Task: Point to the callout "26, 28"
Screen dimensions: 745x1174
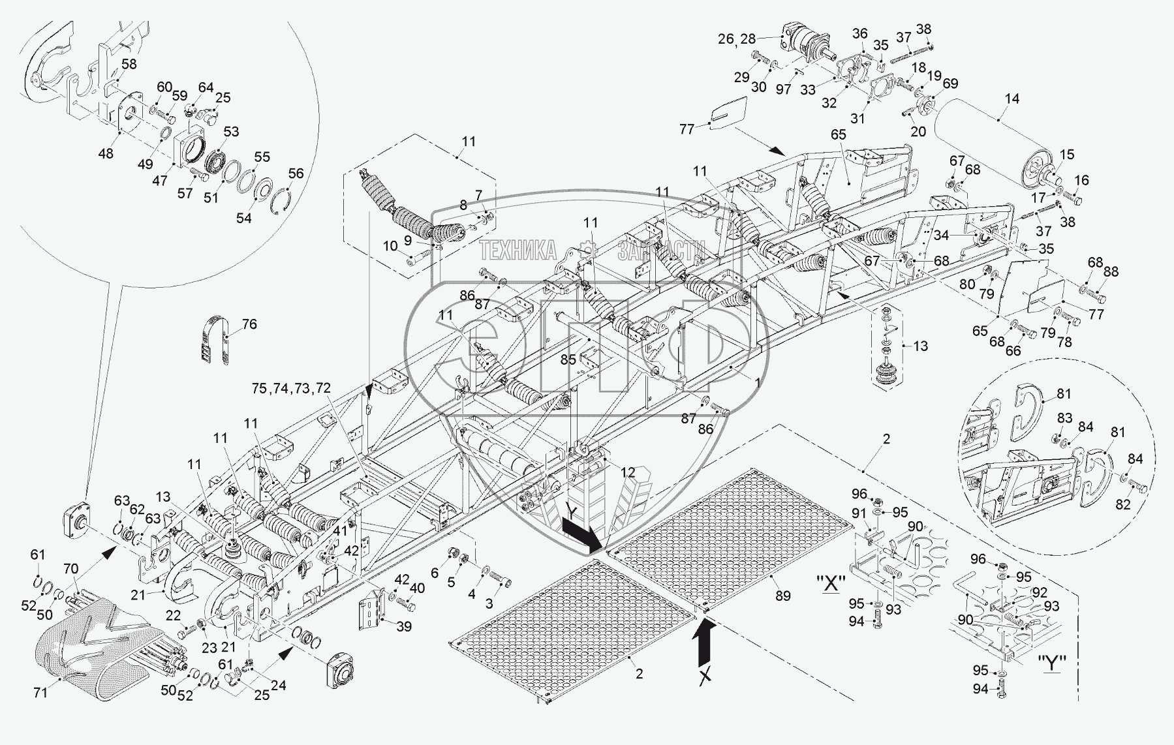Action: (735, 39)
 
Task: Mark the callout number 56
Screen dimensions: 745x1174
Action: (296, 173)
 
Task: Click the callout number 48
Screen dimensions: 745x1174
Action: (105, 153)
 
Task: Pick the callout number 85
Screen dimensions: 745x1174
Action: (568, 359)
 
